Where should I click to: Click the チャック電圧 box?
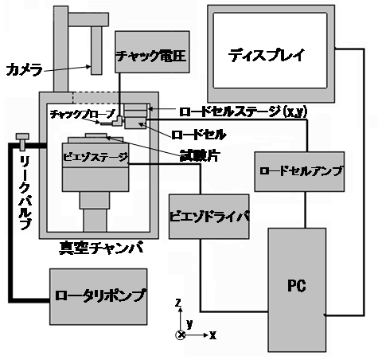[152, 52]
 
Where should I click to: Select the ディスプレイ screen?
[270, 50]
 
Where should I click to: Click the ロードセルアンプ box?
[299, 171]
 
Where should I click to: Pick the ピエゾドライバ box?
[209, 217]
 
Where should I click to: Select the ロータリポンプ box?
[99, 296]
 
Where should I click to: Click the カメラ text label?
[24, 70]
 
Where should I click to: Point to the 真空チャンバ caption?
[101, 248]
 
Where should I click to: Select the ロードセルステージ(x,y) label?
[244, 112]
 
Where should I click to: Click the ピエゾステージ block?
[95, 155]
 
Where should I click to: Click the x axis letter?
[212, 335]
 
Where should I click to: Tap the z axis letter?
[179, 303]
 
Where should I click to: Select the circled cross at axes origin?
[181, 335]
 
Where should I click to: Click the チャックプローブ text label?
[83, 115]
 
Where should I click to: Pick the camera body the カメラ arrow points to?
[96, 50]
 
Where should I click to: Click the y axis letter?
[189, 324]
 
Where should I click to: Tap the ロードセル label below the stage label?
[199, 135]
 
